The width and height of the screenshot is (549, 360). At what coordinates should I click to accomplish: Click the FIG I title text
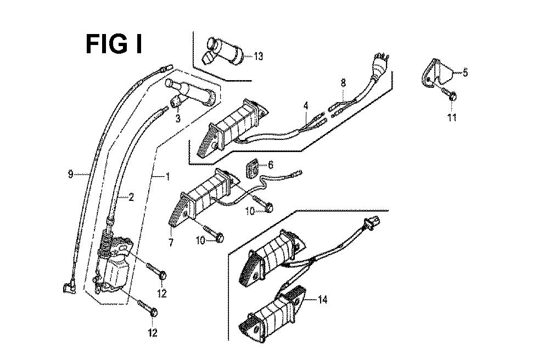[x=114, y=44]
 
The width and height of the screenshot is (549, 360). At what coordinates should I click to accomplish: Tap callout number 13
[x=258, y=56]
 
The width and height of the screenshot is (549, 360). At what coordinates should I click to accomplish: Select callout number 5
[x=465, y=72]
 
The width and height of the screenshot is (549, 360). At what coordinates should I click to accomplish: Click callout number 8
[x=343, y=83]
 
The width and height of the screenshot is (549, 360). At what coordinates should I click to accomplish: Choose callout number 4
[x=306, y=105]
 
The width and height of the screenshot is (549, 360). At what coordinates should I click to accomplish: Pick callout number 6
[x=271, y=165]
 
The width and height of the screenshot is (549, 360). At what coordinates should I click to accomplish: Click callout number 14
[x=322, y=300]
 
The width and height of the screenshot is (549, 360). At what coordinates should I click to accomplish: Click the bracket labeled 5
[x=439, y=71]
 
